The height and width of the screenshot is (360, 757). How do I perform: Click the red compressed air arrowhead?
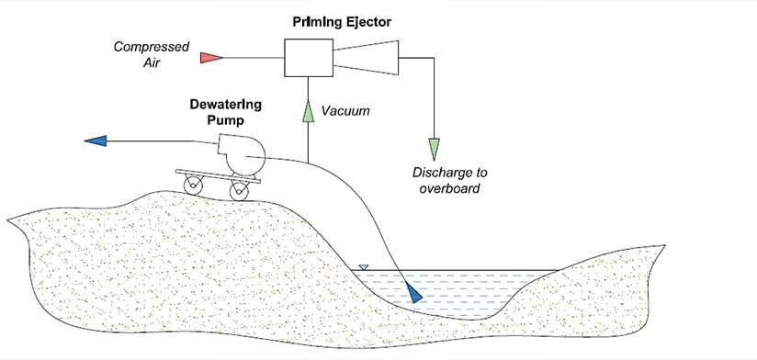211,57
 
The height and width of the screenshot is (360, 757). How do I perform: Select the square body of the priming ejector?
309,57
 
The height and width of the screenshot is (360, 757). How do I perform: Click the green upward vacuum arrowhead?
309,111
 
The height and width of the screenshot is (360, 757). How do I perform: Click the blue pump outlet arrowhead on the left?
95,141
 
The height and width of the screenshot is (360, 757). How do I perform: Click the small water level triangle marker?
364,267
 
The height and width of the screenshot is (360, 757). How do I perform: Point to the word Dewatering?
231,104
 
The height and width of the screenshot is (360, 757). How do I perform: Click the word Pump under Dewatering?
231,119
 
